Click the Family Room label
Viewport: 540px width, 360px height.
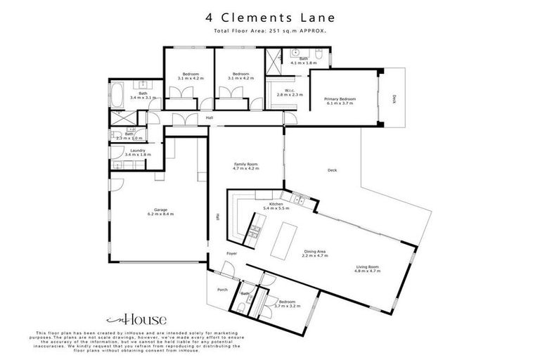click(246, 167)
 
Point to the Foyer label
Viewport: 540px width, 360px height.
click(231, 253)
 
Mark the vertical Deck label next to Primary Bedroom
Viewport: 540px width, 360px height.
click(394, 99)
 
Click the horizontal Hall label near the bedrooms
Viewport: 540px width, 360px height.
click(210, 118)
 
